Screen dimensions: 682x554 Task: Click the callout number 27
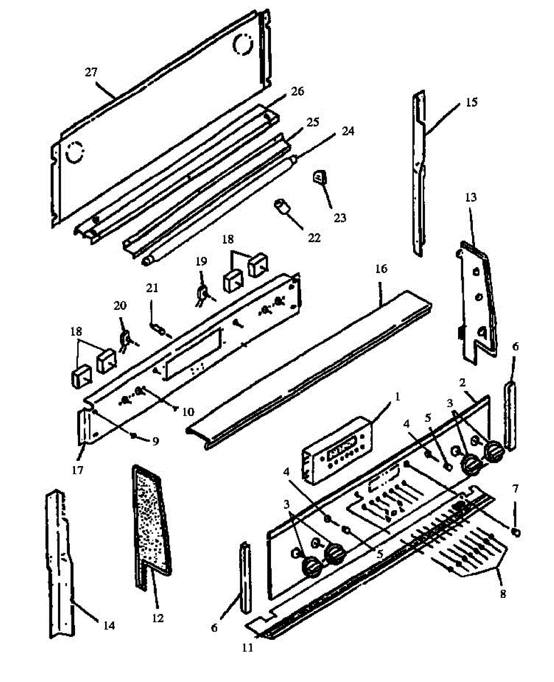pos(91,72)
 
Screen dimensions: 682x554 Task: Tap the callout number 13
pos(471,197)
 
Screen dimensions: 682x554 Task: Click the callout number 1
pos(397,397)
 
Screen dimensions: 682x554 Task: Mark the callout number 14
pos(109,625)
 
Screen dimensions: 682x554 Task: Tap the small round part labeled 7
pos(515,532)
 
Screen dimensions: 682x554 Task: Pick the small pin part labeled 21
pos(159,329)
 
